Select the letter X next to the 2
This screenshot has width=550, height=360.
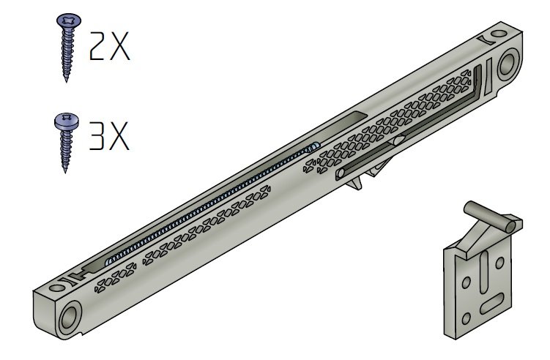[120, 46]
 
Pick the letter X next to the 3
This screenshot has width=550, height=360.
[119, 136]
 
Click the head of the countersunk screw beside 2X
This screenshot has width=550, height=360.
[68, 20]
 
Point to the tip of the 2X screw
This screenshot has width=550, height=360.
[67, 81]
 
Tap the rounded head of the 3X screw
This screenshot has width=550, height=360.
[67, 121]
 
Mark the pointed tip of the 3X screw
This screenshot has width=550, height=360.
[65, 171]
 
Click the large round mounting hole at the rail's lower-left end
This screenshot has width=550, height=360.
[70, 318]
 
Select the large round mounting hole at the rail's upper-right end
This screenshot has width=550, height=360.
[508, 64]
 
